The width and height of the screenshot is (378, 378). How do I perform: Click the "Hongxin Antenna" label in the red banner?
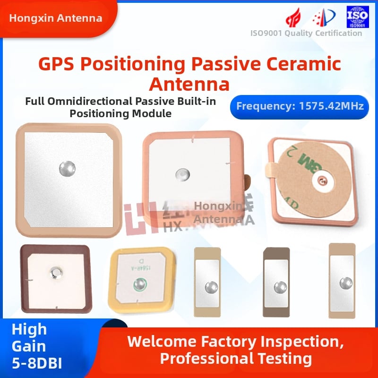56,18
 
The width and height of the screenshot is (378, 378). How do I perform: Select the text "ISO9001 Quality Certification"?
306,33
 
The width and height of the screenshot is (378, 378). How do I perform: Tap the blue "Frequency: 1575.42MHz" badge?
300,106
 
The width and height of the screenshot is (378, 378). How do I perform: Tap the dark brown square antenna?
55,278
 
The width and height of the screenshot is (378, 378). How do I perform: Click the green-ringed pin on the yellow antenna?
139,284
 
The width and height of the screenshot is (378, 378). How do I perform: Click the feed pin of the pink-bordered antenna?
180,174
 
